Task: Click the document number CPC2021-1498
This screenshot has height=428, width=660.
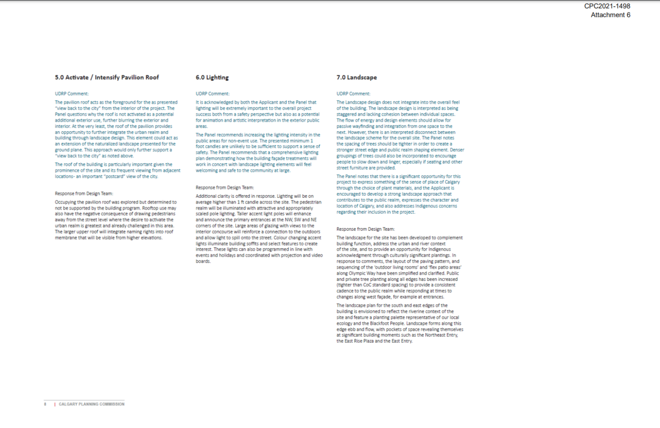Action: click(x=607, y=6)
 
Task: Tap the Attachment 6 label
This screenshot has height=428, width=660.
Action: click(x=610, y=15)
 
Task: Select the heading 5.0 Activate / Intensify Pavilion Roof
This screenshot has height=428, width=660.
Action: click(x=107, y=77)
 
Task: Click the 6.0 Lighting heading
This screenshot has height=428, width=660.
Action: click(x=212, y=77)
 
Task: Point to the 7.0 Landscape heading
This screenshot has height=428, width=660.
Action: click(x=356, y=77)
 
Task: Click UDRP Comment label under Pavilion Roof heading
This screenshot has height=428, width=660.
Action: click(x=72, y=93)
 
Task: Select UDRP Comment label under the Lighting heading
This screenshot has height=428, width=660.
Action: click(x=212, y=93)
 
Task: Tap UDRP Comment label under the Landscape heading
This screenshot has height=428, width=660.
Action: click(x=353, y=93)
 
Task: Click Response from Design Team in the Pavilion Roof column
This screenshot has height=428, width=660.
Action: click(x=84, y=194)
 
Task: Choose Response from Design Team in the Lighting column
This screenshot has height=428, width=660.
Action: click(x=225, y=187)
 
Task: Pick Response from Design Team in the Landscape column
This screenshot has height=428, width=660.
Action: click(x=366, y=229)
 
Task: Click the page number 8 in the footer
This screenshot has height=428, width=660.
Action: click(x=45, y=404)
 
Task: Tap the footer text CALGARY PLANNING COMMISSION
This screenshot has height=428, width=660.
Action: click(x=91, y=404)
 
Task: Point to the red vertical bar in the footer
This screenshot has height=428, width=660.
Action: click(x=55, y=404)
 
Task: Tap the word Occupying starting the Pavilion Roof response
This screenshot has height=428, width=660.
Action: click(x=67, y=202)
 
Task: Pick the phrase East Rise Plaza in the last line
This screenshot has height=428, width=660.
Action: click(x=358, y=341)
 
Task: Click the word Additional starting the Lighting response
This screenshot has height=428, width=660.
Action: click(x=207, y=196)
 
